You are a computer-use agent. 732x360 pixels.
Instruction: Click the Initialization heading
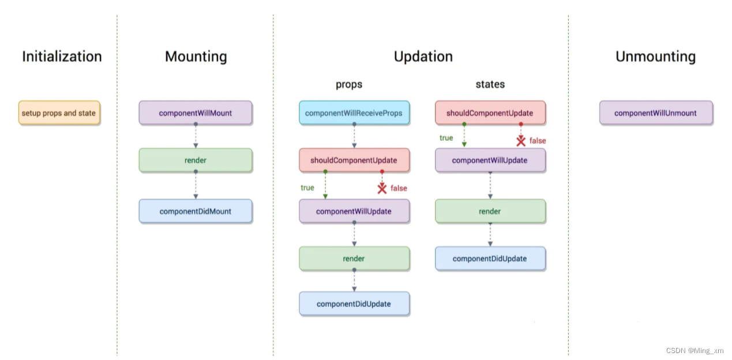tap(62, 57)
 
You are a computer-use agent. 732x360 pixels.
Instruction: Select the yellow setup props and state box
tap(59, 113)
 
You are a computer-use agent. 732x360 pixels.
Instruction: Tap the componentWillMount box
tap(195, 113)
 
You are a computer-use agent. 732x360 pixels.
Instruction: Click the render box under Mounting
tap(195, 160)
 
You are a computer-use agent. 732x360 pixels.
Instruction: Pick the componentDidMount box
tap(195, 211)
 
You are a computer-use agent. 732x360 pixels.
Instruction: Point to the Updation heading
tap(423, 57)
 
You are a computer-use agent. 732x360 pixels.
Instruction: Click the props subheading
tap(349, 85)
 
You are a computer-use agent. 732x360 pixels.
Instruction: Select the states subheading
tap(490, 85)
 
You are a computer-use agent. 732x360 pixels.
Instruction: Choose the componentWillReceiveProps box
tap(354, 113)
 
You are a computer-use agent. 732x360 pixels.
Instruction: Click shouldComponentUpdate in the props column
tap(354, 160)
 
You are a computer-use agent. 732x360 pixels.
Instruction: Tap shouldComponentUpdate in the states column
tap(490, 113)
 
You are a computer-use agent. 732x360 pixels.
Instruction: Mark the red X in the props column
tap(382, 189)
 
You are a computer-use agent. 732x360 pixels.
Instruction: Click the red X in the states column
tap(521, 141)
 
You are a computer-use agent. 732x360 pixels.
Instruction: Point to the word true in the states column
tap(446, 138)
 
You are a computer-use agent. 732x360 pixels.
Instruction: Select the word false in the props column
tap(399, 188)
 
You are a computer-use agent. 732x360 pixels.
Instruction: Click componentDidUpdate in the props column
tap(354, 304)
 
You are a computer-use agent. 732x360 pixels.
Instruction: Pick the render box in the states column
tap(490, 211)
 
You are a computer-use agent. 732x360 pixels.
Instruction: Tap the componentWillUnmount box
tap(655, 113)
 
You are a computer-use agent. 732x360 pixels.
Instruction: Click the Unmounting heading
tap(655, 57)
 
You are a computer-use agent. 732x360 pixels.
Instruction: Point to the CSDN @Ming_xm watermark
tap(694, 351)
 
